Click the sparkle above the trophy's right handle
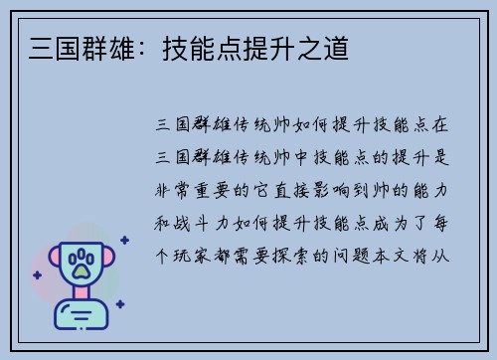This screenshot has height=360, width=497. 124,240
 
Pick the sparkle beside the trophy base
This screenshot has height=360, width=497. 119,304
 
